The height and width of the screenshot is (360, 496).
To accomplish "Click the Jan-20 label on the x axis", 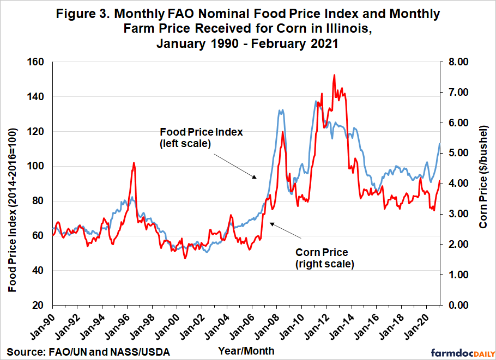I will point(420,327).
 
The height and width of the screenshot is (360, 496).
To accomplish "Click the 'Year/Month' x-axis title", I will point(246,351).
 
